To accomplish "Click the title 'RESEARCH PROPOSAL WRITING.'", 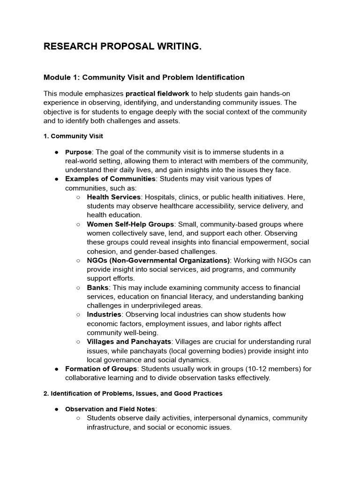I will click(122, 47).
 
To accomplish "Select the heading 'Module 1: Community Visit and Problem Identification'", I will click(144, 77).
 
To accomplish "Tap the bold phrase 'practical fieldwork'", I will click(157, 94).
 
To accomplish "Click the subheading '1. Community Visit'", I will click(73, 136).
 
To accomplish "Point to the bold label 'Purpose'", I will click(78, 152).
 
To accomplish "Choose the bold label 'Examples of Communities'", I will click(110, 179).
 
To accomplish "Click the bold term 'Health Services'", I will click(113, 197).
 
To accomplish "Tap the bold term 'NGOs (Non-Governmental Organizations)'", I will click(158, 261).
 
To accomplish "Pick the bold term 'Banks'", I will click(97, 288).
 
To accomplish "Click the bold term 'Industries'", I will click(104, 315).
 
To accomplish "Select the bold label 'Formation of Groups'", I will click(100, 369).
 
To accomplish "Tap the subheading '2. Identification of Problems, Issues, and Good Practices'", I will click(133, 394).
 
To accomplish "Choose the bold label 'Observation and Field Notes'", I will click(111, 409).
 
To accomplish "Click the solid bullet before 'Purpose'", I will click(56, 152).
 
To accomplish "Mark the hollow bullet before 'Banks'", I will click(78, 288).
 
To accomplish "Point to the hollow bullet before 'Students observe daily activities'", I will click(78, 418).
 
